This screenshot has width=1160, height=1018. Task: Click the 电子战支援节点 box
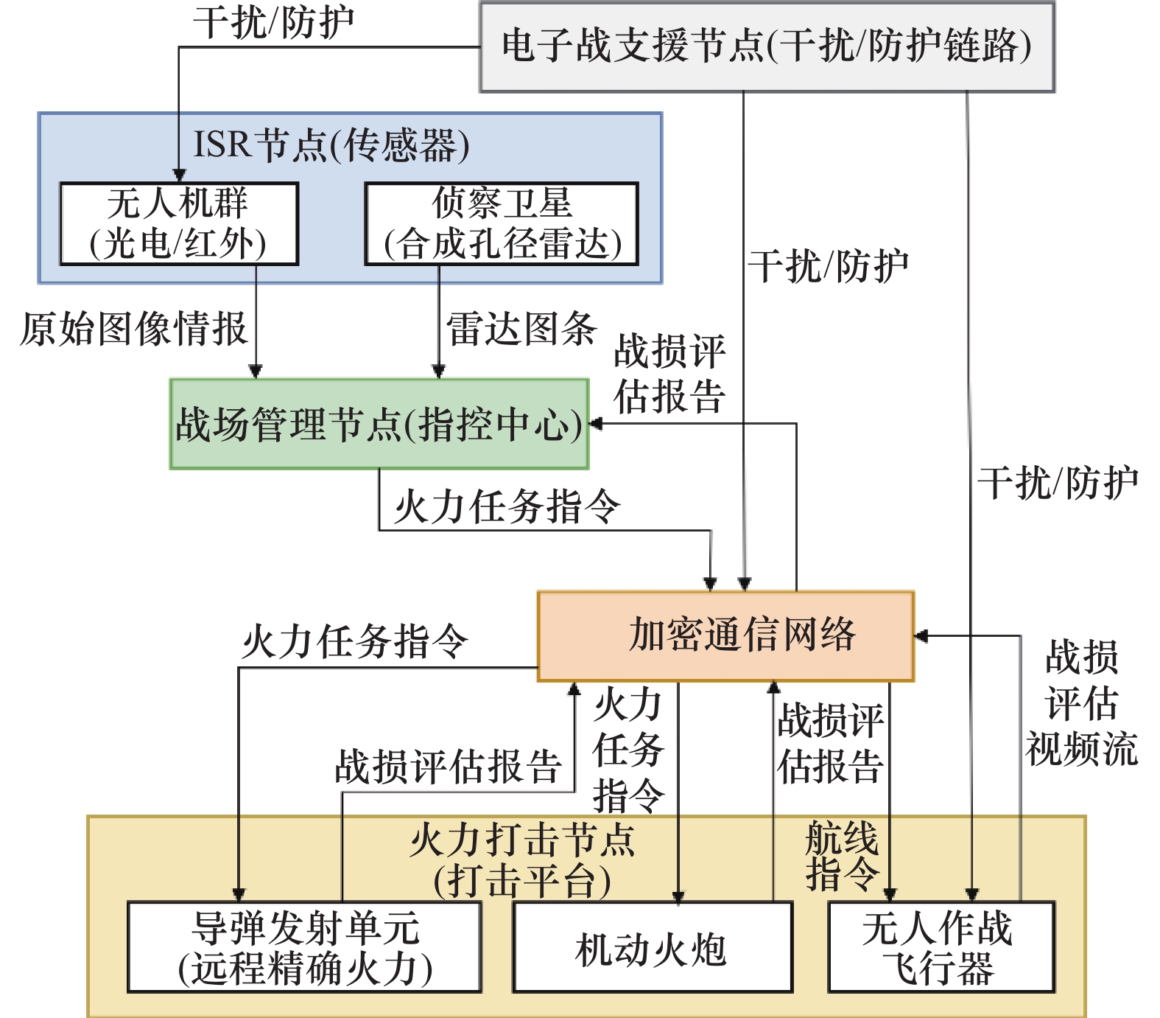pos(767,47)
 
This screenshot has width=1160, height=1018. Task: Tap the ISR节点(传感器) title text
pos(331,144)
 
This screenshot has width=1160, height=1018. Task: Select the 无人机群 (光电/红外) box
pos(179,223)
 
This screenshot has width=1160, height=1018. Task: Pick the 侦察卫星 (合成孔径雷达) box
pos(502,223)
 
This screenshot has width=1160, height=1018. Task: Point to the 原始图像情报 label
pos(133,329)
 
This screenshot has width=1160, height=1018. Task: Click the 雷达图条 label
pos(521,329)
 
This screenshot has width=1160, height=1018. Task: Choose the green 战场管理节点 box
pos(379,424)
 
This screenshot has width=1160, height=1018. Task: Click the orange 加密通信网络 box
pos(725,635)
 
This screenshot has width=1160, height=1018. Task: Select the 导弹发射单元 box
pos(304,947)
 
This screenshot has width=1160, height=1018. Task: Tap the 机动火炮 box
pos(653,947)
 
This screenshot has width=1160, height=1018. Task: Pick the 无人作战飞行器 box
pos(942,947)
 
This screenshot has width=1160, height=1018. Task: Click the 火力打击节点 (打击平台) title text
pos(522,860)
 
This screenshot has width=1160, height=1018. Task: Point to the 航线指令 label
pos(842,856)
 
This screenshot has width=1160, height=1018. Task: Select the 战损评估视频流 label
pos(1082,703)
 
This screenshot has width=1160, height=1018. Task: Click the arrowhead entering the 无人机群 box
pos(179,175)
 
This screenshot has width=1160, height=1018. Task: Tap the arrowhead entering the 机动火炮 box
pos(678,896)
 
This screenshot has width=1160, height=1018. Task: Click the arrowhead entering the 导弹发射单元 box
pos(239,895)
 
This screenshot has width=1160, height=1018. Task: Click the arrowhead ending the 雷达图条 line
pos(439,372)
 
